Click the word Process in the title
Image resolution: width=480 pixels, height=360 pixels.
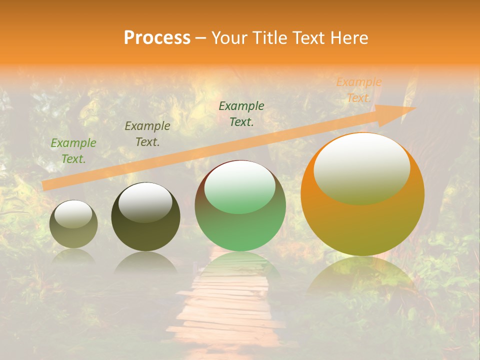(157, 38)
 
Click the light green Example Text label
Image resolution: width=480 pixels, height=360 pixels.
(73, 151)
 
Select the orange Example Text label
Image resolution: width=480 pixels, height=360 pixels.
(358, 90)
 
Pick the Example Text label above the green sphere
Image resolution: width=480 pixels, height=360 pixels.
(241, 113)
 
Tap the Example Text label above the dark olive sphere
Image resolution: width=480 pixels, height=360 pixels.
(147, 134)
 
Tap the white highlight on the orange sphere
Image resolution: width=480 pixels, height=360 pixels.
(362, 167)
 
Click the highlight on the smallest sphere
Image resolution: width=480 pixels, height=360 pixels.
(73, 214)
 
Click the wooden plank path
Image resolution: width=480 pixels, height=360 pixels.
(225, 310)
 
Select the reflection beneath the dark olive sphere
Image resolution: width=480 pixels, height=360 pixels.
(145, 262)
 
